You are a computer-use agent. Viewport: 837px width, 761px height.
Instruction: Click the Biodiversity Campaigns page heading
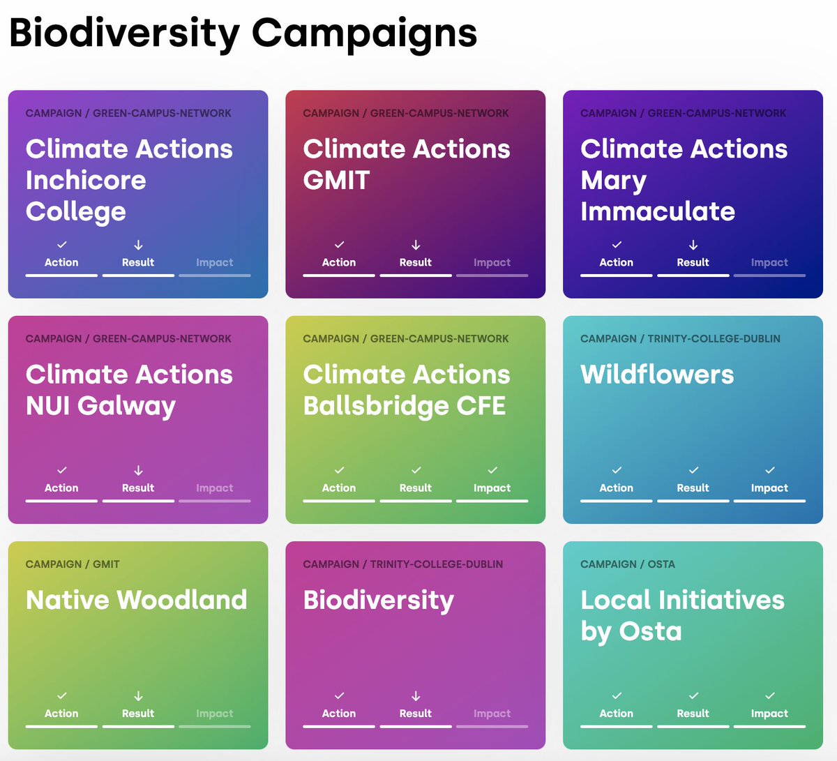243,33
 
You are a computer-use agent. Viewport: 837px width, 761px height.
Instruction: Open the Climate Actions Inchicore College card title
129,179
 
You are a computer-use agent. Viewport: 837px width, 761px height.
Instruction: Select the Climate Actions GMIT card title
406,164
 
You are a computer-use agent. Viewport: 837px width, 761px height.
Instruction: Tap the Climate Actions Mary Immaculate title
684,179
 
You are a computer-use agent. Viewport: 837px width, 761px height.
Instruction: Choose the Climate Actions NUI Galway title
129,389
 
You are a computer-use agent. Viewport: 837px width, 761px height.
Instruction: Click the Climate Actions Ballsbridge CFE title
406,389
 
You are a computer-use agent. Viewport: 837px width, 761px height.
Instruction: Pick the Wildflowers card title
657,375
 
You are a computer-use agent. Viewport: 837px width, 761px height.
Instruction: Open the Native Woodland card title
136,600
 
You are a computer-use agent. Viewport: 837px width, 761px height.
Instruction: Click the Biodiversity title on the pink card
378,600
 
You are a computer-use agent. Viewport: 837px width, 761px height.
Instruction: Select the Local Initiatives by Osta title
682,615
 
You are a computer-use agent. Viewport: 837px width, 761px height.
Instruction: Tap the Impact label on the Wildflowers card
769,488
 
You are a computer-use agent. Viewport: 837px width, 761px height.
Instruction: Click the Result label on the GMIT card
416,263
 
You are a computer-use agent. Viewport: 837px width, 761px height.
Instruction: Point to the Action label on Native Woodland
61,714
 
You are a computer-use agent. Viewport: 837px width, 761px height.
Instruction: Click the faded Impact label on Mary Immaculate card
769,263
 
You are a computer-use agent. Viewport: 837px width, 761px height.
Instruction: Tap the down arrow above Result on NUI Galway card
138,471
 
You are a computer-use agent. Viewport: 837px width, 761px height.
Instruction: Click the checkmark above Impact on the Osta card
769,696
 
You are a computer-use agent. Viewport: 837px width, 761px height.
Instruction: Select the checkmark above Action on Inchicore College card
61,245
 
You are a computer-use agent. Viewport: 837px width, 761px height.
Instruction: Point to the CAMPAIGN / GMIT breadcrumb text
73,564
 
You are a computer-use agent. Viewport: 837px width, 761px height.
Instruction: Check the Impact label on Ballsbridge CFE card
492,488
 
